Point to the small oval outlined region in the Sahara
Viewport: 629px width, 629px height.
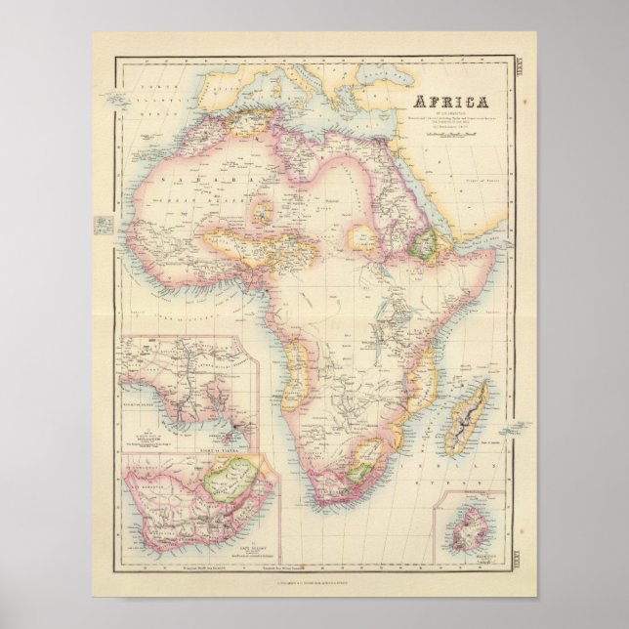tap(262, 208)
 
